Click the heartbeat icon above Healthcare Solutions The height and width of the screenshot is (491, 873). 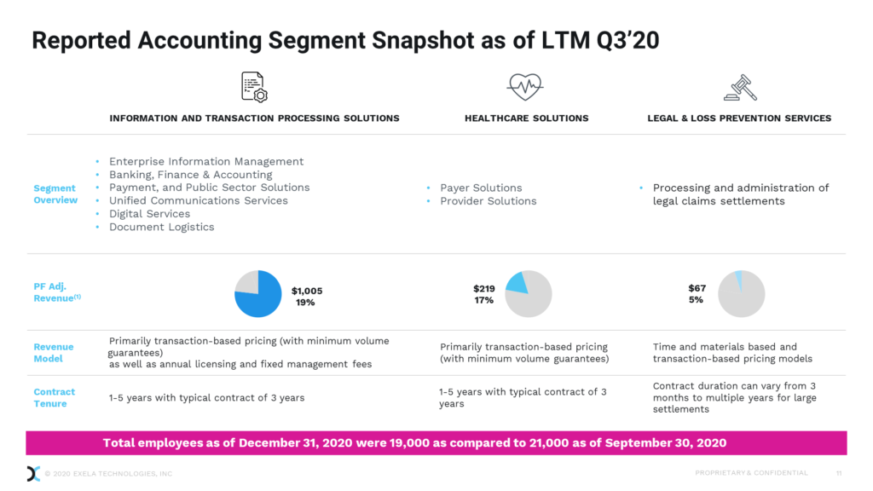[526, 86]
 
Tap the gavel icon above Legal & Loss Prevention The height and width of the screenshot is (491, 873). [739, 87]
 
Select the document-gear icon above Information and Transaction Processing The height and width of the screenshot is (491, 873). [254, 87]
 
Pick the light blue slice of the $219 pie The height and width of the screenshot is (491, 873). [517, 284]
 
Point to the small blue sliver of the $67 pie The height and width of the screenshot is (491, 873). [739, 280]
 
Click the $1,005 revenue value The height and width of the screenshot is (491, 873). [307, 291]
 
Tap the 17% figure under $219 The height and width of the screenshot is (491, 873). [483, 300]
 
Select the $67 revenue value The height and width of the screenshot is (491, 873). [697, 288]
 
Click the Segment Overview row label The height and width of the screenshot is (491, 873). [55, 194]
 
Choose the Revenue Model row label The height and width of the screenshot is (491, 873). [54, 353]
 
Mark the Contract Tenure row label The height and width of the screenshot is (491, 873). [55, 398]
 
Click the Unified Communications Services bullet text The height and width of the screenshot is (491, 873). [198, 200]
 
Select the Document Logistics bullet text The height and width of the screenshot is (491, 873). [161, 227]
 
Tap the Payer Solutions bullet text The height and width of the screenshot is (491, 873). [481, 188]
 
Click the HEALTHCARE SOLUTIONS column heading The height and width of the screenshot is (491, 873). [526, 118]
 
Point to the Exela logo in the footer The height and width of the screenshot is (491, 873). [33, 473]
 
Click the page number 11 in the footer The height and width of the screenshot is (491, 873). [839, 473]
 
